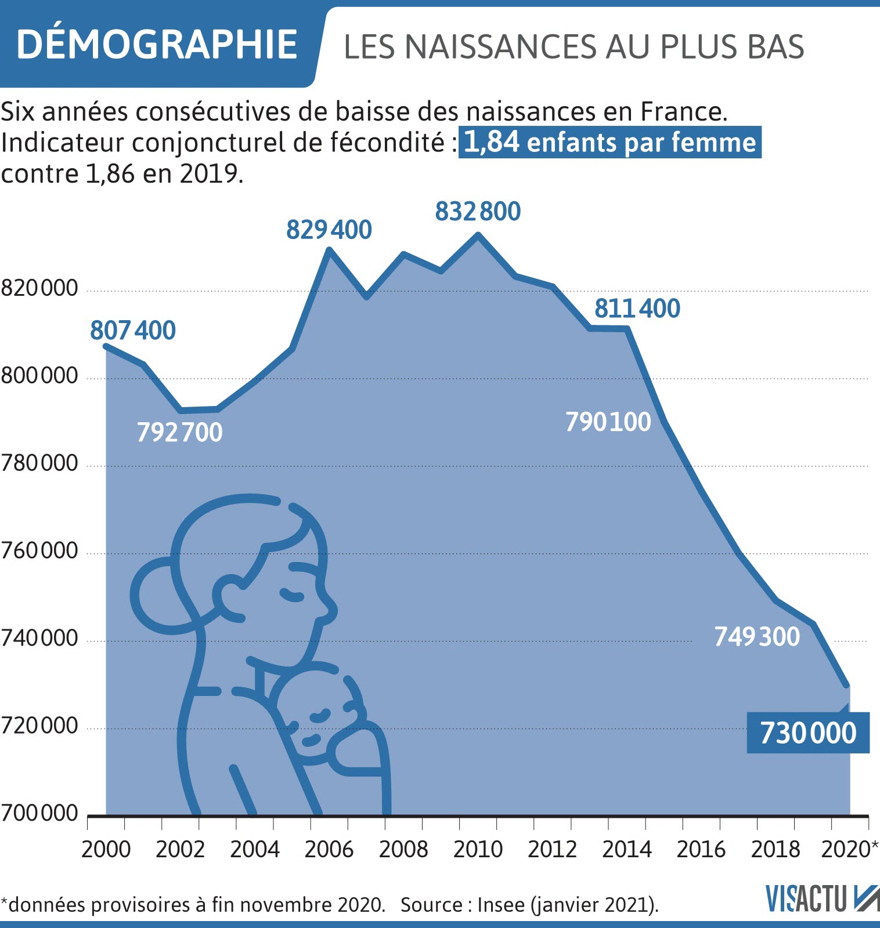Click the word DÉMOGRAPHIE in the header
(x=157, y=45)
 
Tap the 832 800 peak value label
(x=478, y=212)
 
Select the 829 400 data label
(x=329, y=230)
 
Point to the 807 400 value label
(x=132, y=331)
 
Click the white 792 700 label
(x=179, y=433)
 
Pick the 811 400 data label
(x=637, y=309)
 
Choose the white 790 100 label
(x=608, y=422)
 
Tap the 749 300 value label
(x=756, y=637)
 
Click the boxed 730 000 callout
(x=807, y=733)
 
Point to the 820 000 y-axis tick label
(x=39, y=288)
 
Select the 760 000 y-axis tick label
(x=39, y=550)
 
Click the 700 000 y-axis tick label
(x=39, y=813)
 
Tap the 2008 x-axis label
(x=403, y=850)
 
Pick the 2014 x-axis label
(x=626, y=850)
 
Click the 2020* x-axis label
(x=849, y=850)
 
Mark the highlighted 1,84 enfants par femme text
(x=609, y=143)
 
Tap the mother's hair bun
(x=152, y=594)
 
